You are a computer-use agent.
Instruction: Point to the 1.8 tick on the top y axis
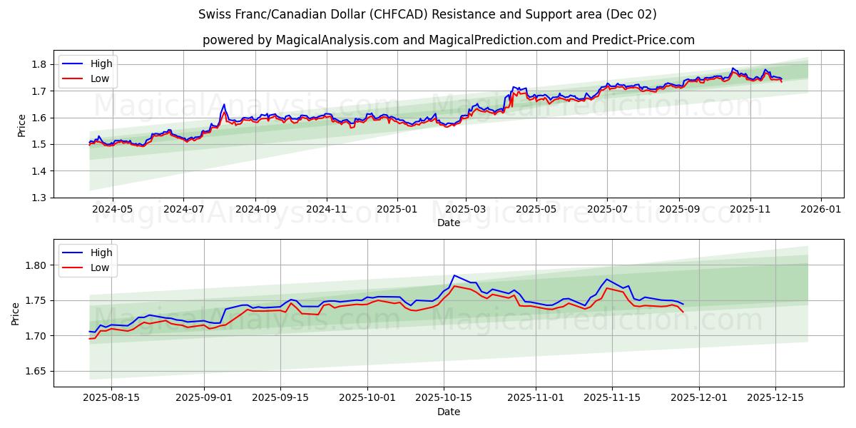coord(39,64)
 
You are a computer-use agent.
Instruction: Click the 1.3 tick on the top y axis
coord(39,198)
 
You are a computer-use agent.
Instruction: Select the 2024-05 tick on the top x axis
coord(112,210)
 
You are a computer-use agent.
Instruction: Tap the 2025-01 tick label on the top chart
coord(397,210)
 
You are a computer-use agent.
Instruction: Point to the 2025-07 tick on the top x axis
coord(607,210)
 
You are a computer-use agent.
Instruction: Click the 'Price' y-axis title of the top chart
coord(21,124)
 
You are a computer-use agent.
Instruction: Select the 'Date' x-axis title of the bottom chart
coord(448,412)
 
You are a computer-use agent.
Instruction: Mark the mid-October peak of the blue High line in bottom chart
coord(454,275)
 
